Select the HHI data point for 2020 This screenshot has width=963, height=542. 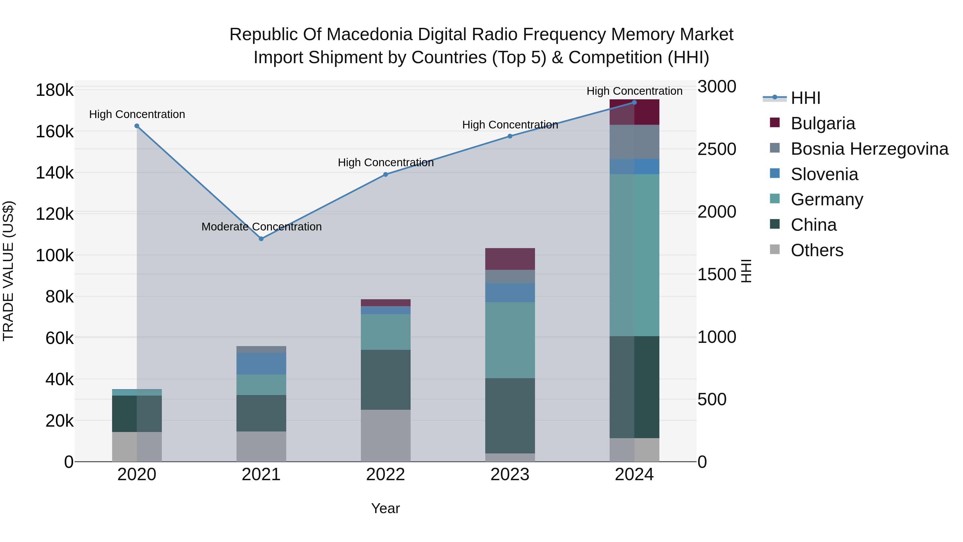137,126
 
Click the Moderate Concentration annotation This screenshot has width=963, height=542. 261,227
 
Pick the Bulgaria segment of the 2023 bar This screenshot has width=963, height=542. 510,259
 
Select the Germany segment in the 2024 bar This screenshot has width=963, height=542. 635,255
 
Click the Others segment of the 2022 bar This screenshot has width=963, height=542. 385,435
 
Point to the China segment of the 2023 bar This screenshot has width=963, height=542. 510,416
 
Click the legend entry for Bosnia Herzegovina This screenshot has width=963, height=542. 869,149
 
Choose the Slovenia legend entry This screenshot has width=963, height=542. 824,174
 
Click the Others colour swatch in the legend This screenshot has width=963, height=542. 775,249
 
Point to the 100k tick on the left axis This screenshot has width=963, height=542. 55,256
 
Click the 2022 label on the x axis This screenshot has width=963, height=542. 385,475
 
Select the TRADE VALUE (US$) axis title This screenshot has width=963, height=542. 8,271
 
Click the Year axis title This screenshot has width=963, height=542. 385,508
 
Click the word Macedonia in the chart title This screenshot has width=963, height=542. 377,35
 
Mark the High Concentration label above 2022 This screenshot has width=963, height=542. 385,163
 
